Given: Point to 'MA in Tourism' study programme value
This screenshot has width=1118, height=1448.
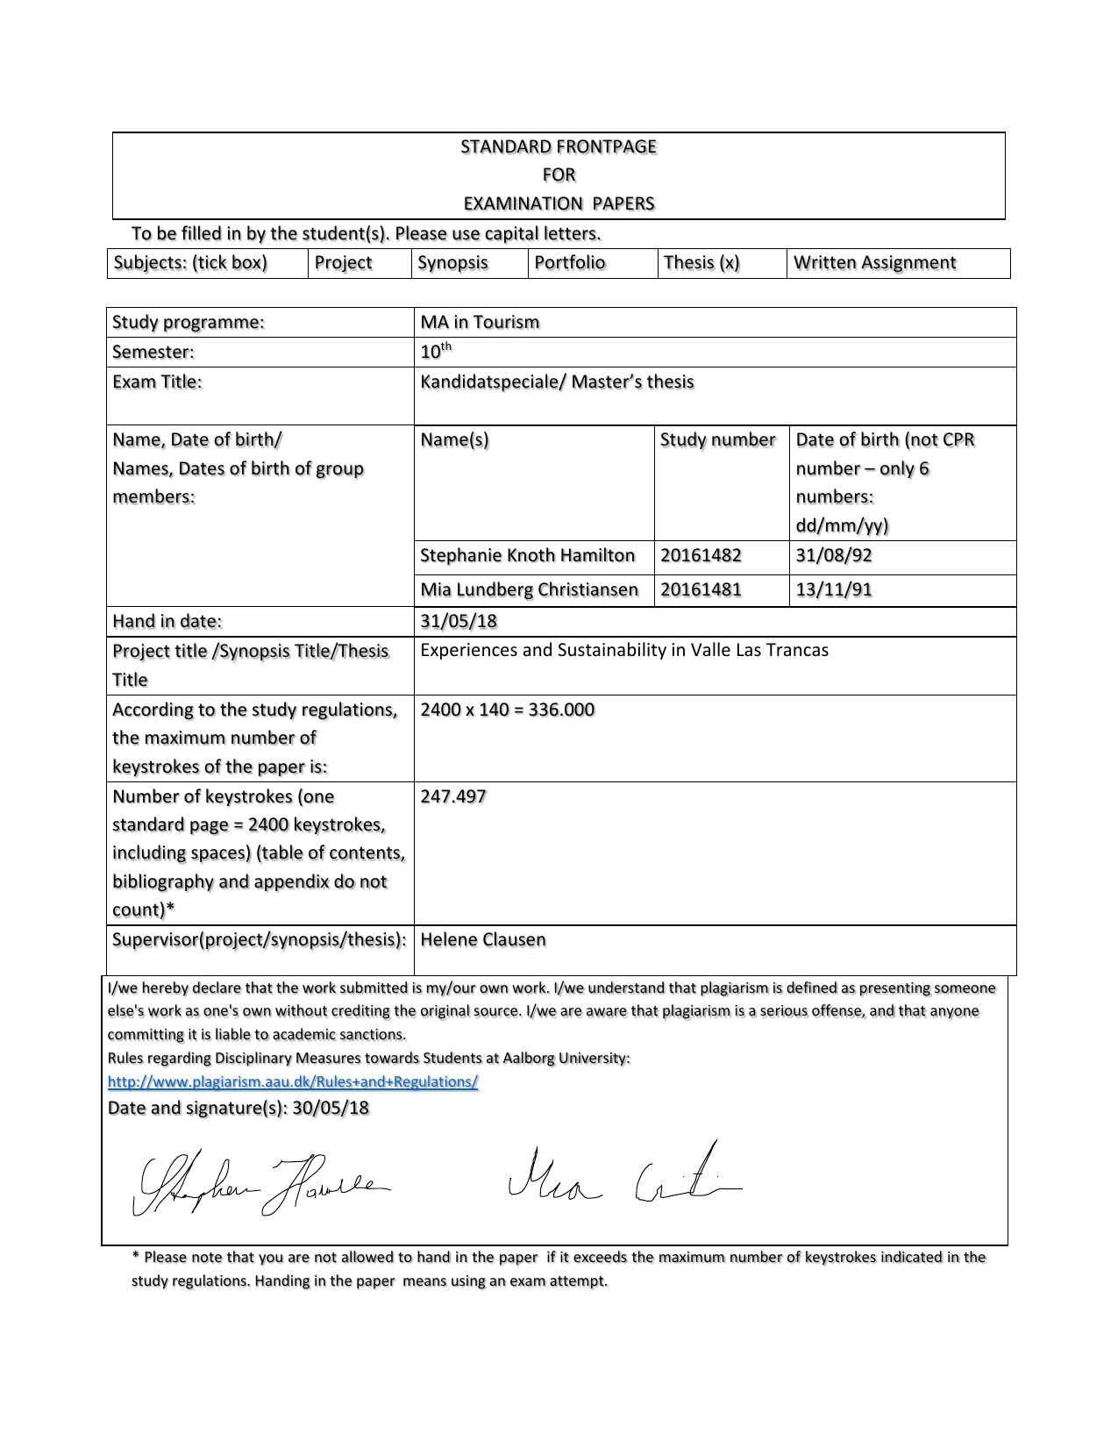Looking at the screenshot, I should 480,322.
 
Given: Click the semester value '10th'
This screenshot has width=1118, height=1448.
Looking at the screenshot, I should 435,352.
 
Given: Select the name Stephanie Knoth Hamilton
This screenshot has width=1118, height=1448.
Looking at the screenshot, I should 527,555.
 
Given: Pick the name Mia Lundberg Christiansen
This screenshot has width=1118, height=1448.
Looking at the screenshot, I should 529,589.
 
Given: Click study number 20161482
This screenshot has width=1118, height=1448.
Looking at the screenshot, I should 701,555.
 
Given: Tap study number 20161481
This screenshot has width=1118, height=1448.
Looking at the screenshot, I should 701,589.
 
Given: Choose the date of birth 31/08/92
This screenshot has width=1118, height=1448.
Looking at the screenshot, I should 834,555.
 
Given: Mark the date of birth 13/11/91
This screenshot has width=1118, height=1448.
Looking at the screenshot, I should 834,589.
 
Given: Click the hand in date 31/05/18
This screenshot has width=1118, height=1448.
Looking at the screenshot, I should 459,621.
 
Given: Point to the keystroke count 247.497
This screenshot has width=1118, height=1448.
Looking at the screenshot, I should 452,796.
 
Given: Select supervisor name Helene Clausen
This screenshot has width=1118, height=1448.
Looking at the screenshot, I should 483,939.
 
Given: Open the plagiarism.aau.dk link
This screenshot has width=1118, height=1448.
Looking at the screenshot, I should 293,1081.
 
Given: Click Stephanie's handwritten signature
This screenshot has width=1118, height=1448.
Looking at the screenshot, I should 260,1183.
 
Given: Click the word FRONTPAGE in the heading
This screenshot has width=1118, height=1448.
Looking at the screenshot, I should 606,146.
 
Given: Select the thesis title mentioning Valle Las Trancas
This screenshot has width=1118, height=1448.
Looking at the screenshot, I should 624,650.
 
